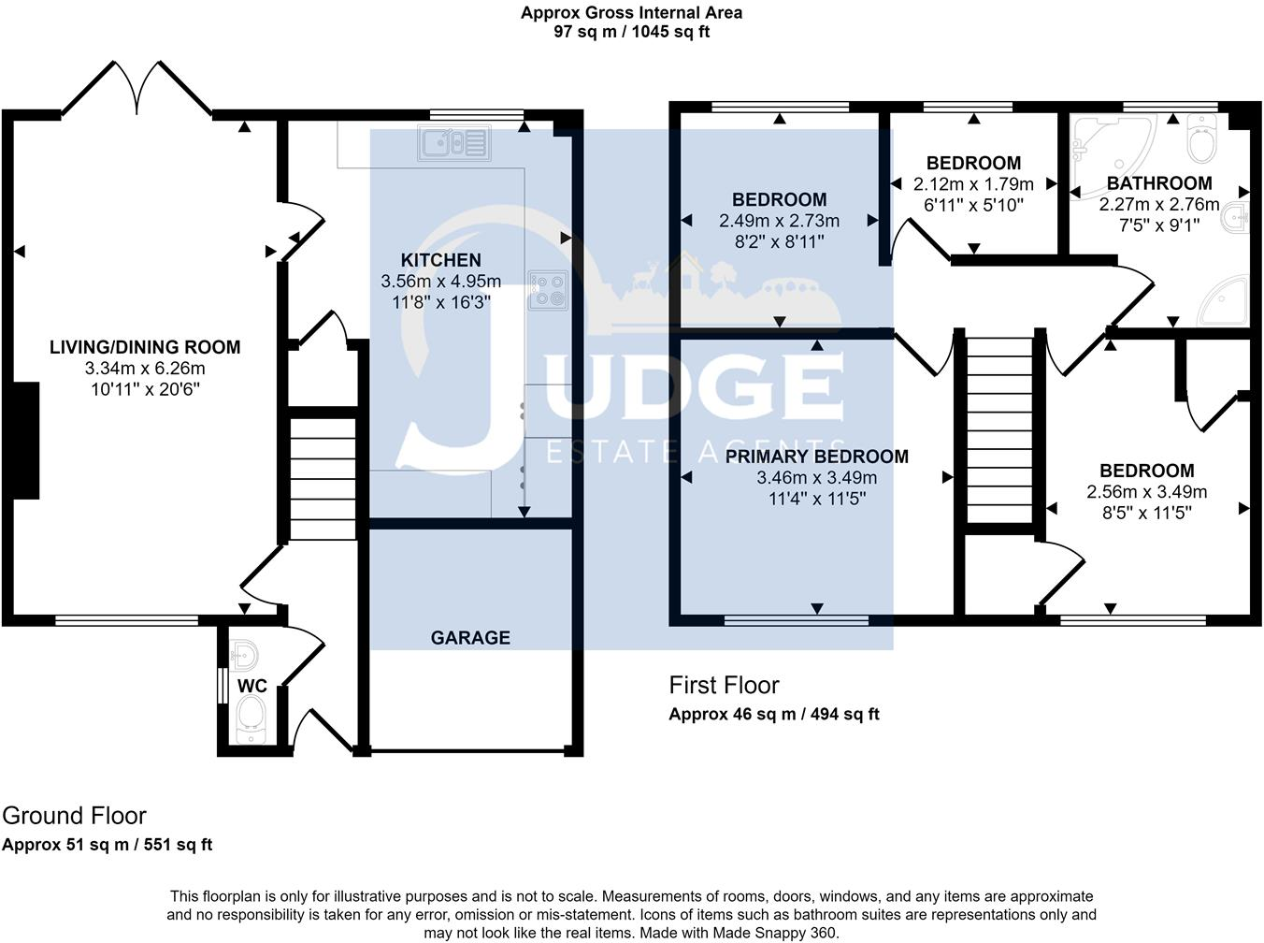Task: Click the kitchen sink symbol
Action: [454, 143]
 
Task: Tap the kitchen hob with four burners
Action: [549, 290]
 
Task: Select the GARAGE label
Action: [470, 638]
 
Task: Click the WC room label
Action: [252, 686]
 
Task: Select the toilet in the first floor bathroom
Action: [1202, 138]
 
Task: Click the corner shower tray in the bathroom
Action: [1224, 300]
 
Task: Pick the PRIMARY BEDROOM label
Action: [816, 457]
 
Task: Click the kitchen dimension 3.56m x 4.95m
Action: [440, 281]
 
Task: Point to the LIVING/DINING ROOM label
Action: [145, 347]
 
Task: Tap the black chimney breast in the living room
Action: [25, 440]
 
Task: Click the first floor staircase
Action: [999, 430]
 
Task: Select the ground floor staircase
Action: [323, 479]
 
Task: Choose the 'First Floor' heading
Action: [724, 686]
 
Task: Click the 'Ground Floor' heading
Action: [74, 816]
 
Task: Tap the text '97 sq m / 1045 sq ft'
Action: [631, 32]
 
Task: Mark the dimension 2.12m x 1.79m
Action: [973, 184]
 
